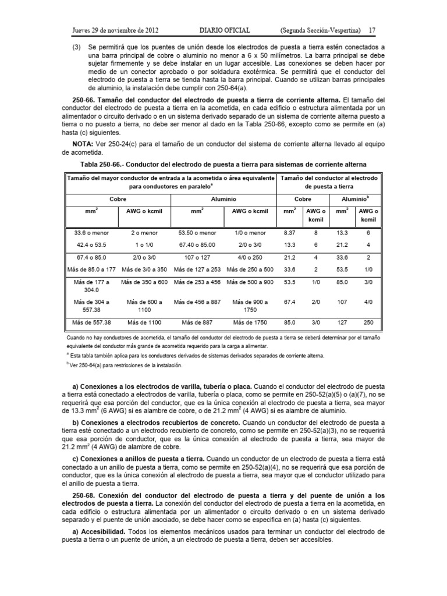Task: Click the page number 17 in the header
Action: coord(372,30)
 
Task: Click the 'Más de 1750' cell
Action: coord(250,322)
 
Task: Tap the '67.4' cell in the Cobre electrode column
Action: coord(289,302)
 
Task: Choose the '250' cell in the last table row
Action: coord(368,322)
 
